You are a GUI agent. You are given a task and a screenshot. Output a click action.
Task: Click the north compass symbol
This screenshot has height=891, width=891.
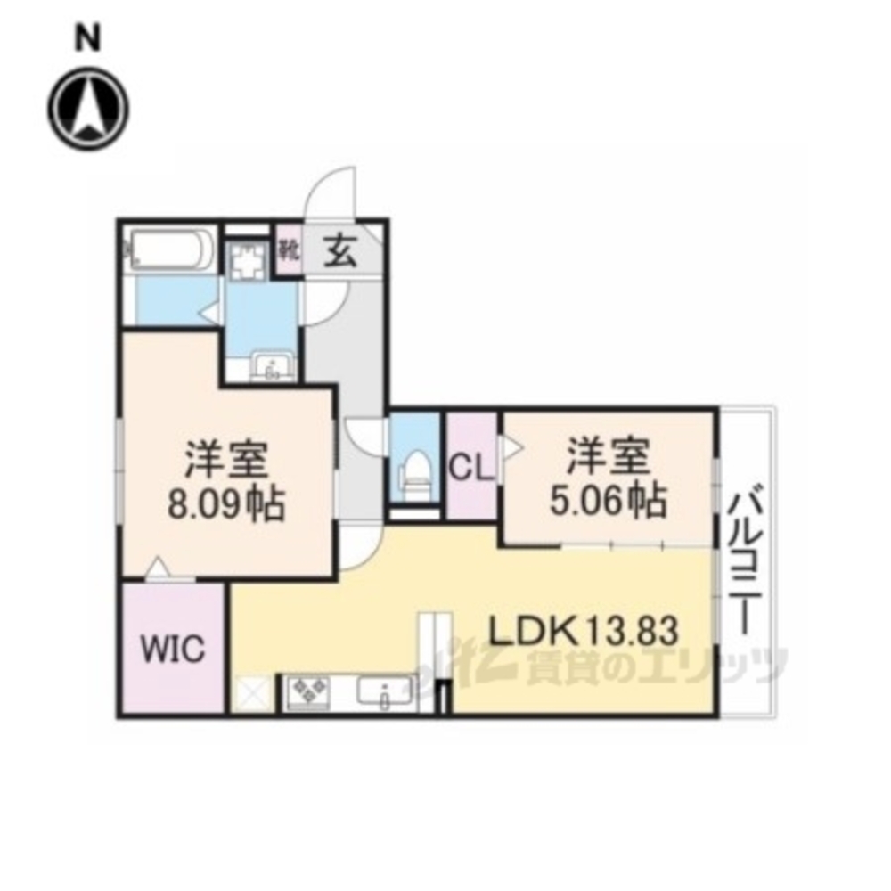88,109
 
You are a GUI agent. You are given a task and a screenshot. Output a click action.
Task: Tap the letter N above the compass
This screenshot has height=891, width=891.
88,40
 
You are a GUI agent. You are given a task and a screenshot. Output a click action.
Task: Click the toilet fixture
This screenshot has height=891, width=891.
415,469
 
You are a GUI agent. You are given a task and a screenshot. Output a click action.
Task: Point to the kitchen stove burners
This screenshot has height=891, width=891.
309,692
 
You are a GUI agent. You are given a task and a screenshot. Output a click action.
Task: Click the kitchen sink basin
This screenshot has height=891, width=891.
385,692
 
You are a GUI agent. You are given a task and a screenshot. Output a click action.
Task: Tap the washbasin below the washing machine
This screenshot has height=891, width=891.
273,366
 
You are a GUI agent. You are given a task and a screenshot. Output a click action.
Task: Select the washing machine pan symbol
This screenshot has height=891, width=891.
249,263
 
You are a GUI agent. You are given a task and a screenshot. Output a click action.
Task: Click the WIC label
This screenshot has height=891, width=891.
173,649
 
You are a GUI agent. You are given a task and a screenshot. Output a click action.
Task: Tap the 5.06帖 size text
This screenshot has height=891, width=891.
608,500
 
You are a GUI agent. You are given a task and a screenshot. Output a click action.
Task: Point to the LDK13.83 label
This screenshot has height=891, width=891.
584,631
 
